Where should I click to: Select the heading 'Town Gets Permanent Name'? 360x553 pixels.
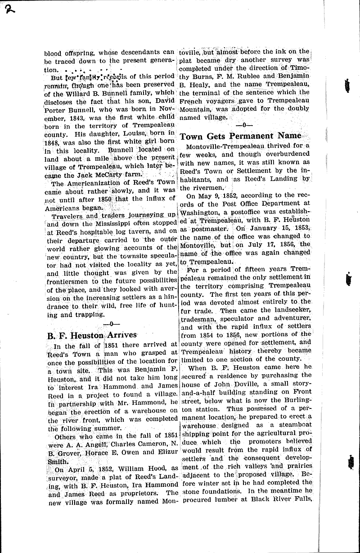point(240,136)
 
